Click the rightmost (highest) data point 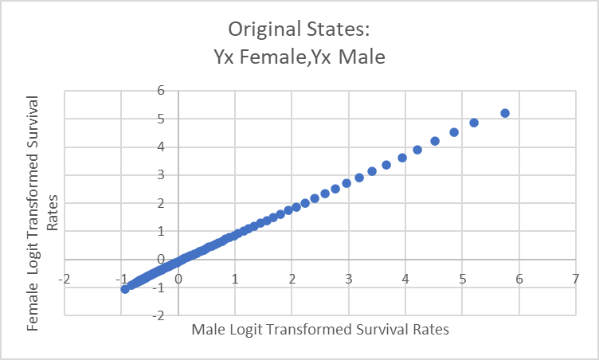pyautogui.click(x=505, y=113)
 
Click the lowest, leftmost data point pyautogui.click(x=125, y=288)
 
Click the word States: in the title pyautogui.click(x=337, y=30)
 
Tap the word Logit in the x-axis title pyautogui.click(x=245, y=328)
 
